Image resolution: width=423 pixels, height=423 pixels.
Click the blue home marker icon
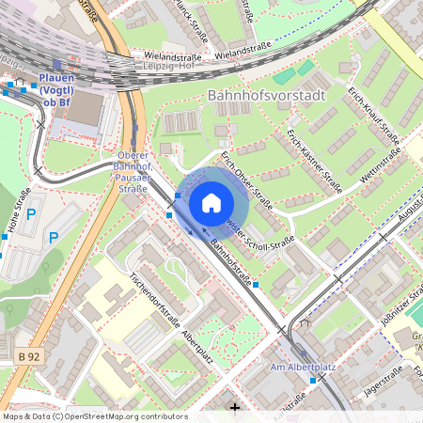[211, 202]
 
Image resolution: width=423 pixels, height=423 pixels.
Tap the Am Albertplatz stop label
[295, 367]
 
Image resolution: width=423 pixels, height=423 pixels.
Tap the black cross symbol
[235, 408]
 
